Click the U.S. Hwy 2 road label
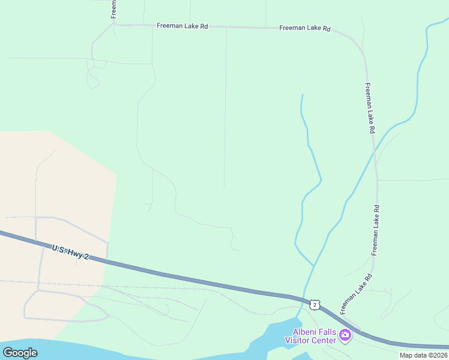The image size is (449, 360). tap(70, 252)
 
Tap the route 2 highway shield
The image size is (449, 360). tap(315, 305)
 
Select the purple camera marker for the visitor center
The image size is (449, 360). tap(345, 335)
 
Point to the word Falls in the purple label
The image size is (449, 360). tap(327, 332)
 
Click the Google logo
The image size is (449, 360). tap(20, 352)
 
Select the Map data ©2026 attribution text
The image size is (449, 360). tap(423, 355)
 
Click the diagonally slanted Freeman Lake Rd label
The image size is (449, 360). tap(356, 295)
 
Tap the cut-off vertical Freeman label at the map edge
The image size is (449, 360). tap(113, 9)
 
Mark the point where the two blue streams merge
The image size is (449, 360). tap(313, 265)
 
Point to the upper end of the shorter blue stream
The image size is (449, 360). tap(302, 95)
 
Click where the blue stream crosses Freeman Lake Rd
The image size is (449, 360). tap(375, 150)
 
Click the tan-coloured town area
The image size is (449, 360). tap(54, 180)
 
